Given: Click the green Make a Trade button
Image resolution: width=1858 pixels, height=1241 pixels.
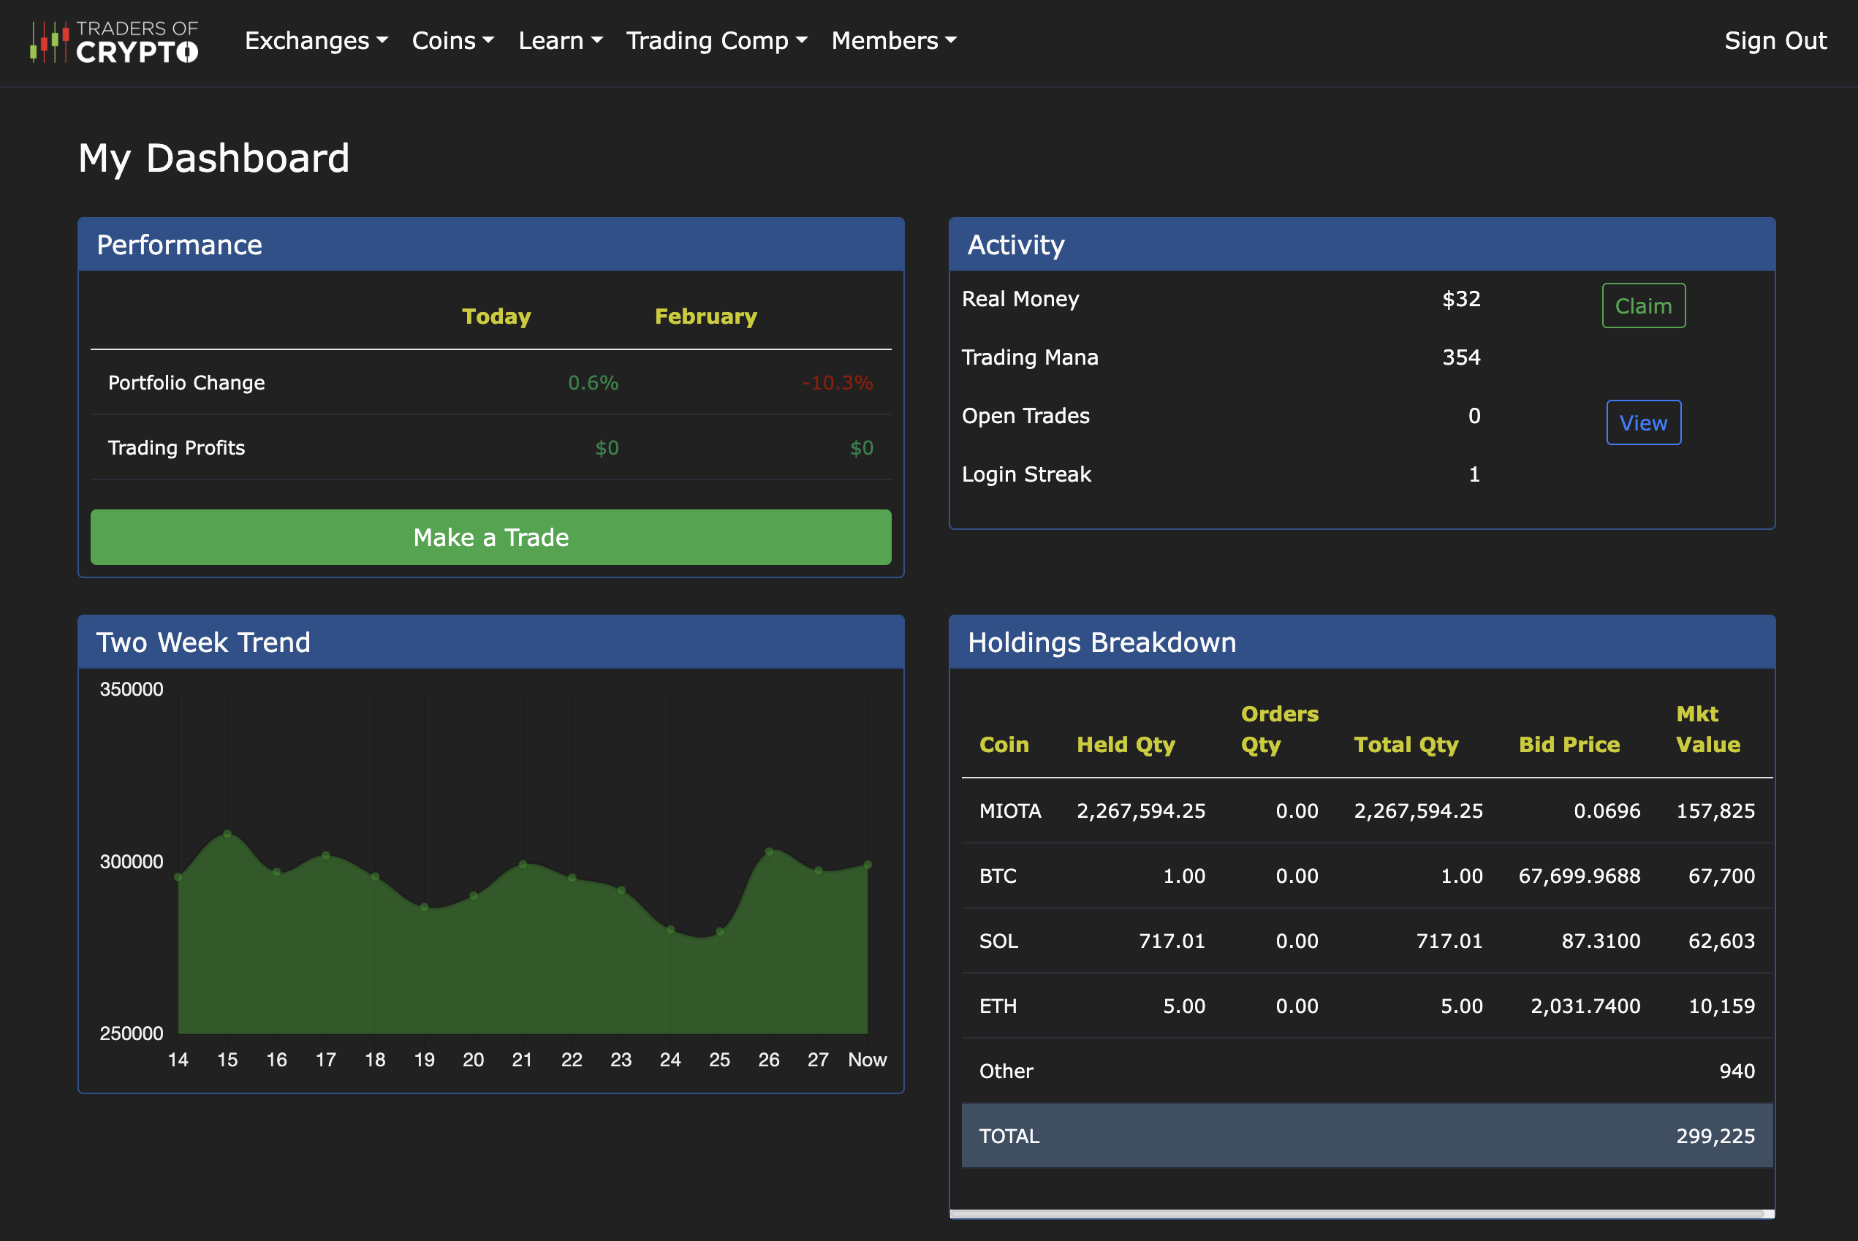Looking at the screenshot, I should [x=490, y=537].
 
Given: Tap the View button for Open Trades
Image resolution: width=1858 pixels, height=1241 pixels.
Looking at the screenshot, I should [x=1643, y=422].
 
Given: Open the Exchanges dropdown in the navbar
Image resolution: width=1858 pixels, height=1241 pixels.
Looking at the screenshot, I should [x=316, y=40].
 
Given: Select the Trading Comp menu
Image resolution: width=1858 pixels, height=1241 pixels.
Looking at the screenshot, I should [x=716, y=40].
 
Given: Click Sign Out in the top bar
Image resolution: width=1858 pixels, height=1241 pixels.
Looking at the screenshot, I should [x=1775, y=40].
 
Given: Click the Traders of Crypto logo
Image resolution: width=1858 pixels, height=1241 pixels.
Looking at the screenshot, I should [x=114, y=41].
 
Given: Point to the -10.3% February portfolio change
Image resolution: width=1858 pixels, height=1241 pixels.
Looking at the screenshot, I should [x=837, y=383].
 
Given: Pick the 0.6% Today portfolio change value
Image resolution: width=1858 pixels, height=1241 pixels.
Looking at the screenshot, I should [x=593, y=383].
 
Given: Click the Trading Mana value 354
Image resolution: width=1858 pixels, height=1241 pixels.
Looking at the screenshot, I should [x=1461, y=357].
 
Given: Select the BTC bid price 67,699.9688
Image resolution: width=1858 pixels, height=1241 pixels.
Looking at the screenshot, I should [x=1579, y=876].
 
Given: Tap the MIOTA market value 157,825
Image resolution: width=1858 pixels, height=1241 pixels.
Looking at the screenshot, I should [x=1715, y=811].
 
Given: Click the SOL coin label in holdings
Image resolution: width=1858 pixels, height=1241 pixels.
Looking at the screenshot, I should [x=998, y=941].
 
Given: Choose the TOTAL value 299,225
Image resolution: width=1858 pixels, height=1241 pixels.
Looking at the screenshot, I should [x=1715, y=1136].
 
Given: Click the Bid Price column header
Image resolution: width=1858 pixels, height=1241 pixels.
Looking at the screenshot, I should [x=1569, y=745].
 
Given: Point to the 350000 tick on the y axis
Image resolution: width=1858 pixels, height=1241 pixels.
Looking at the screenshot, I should [x=132, y=689].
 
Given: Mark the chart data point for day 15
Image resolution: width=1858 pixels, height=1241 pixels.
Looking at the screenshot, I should [x=228, y=834].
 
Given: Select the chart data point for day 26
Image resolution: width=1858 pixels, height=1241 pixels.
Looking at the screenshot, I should [x=769, y=851].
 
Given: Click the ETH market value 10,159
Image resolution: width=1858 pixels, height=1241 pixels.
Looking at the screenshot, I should [x=1721, y=1006].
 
